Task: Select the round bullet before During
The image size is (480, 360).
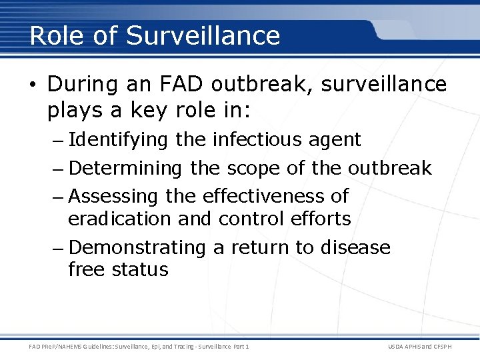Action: pos(35,85)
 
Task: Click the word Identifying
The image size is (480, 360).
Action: pos(118,140)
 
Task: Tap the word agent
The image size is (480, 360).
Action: pos(336,140)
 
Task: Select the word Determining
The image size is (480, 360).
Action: pos(125,169)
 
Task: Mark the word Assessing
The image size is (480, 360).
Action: pos(113,196)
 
